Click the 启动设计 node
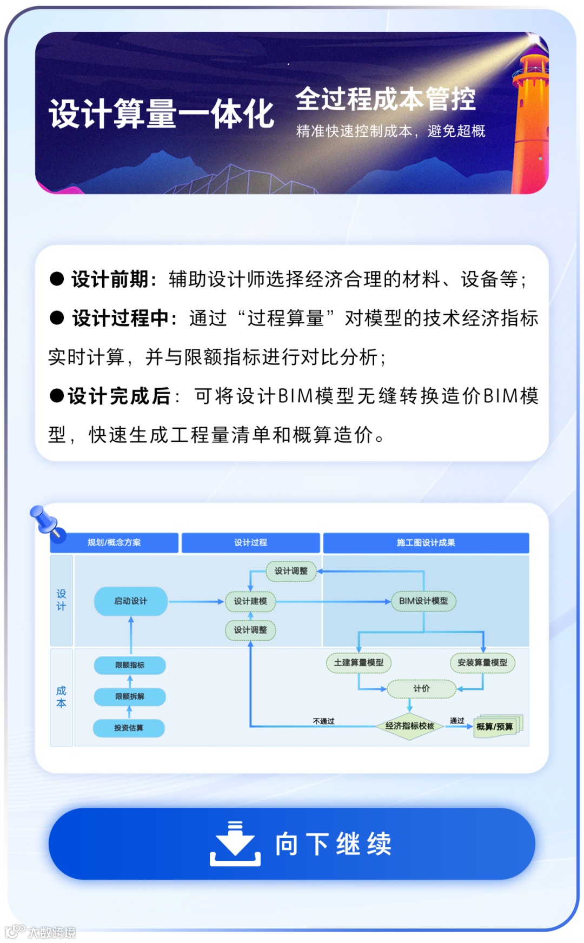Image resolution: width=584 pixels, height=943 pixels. pos(130,601)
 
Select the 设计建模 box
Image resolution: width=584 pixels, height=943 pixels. pos(250,601)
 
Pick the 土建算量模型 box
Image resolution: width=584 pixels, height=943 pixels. pos(359,662)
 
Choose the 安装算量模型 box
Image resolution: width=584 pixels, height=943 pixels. pos(482,662)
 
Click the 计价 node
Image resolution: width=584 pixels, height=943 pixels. pos(421,688)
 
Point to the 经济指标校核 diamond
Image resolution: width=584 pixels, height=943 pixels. pos(410,726)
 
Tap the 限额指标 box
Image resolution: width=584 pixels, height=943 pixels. pos(130,665)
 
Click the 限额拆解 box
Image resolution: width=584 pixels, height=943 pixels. pos(130,696)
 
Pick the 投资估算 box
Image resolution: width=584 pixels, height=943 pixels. pos(129,728)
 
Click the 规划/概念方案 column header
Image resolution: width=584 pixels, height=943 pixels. pos(114,542)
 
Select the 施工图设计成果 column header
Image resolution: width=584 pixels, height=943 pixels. pos(426,542)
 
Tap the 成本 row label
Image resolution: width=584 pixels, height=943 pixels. pos(61,697)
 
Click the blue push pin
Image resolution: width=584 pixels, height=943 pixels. pos(47,522)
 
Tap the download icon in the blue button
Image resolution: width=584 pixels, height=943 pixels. pos(235,844)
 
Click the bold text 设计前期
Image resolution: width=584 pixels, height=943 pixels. pos(110,280)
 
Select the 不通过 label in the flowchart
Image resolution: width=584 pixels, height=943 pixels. pos(323,721)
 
